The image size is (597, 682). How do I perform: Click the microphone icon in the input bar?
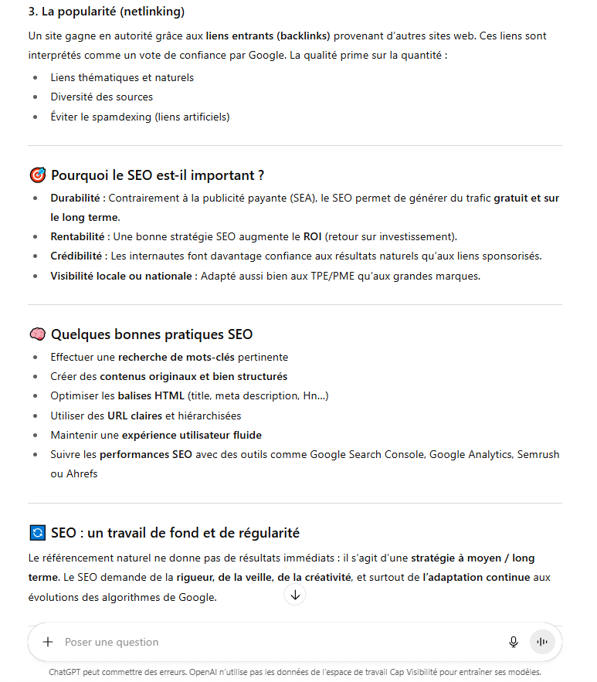[513, 642]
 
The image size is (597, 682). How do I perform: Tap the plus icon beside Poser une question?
[48, 642]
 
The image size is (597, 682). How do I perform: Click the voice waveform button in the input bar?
[542, 642]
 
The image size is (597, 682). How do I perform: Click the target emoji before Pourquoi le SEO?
[37, 175]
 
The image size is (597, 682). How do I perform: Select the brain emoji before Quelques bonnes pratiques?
[37, 334]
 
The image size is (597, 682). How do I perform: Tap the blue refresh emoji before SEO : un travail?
[37, 533]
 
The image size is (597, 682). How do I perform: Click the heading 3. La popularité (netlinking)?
[106, 12]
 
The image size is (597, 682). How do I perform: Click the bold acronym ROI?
[312, 236]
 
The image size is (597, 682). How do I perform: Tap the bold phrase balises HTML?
[151, 395]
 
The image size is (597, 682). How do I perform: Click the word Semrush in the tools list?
[539, 454]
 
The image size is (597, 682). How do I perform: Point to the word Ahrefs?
[82, 473]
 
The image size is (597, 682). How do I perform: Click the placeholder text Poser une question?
[111, 642]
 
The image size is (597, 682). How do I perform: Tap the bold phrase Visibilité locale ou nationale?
[120, 276]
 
